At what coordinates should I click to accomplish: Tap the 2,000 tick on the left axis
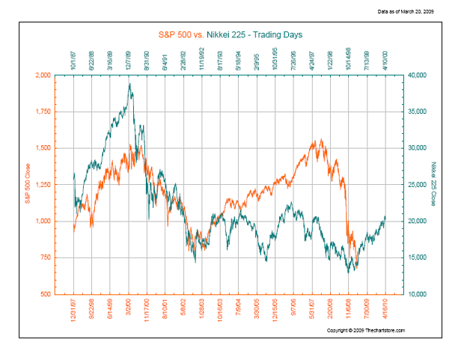tap(61, 76)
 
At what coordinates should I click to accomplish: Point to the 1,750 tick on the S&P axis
tap(61, 112)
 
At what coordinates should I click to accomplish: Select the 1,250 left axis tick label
tap(61, 185)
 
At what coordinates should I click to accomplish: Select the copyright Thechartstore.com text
tap(366, 330)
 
